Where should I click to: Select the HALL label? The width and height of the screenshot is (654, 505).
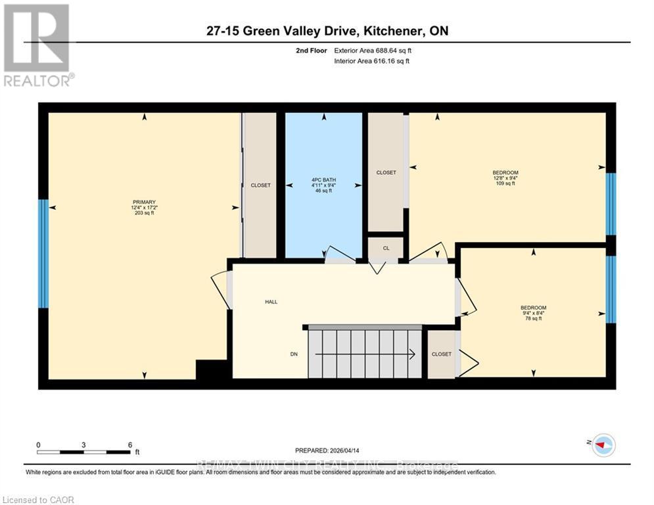click(271, 302)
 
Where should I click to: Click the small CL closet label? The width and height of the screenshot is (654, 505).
click(386, 249)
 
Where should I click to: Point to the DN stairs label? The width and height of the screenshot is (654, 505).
click(294, 354)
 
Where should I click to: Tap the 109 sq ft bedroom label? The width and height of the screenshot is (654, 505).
click(505, 178)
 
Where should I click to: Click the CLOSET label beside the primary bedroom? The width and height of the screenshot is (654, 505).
click(260, 185)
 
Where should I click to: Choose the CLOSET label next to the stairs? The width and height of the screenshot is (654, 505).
click(441, 354)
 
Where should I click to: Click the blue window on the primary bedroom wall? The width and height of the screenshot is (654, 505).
click(43, 253)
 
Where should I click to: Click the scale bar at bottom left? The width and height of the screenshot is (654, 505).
click(83, 451)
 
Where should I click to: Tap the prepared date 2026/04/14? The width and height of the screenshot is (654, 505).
click(327, 450)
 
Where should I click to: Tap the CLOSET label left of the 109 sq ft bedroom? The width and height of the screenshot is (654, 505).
click(386, 172)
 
